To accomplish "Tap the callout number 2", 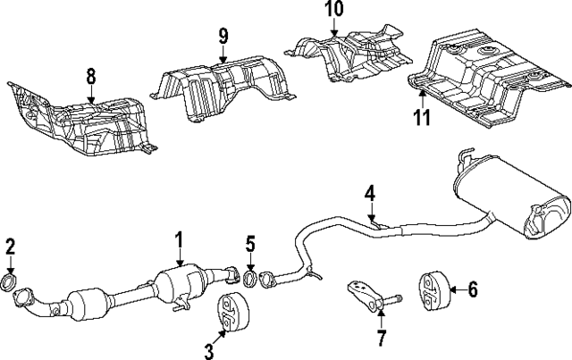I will tap(10, 247).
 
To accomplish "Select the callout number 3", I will tap(209, 351).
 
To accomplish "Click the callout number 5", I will tap(250, 243).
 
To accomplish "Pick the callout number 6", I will tap(473, 289).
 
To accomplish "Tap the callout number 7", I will tap(382, 338).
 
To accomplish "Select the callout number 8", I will tap(90, 78).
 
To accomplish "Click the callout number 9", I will tap(223, 37).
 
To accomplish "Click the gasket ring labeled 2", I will tap(12, 285).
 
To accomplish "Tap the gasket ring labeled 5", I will tap(251, 278).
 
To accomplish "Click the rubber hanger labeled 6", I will tap(432, 289).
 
